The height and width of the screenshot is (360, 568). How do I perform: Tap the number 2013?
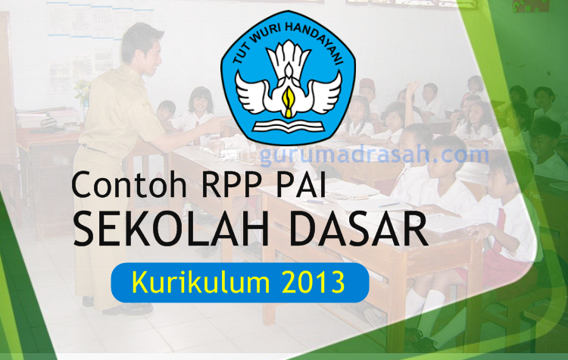coord(311,281)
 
